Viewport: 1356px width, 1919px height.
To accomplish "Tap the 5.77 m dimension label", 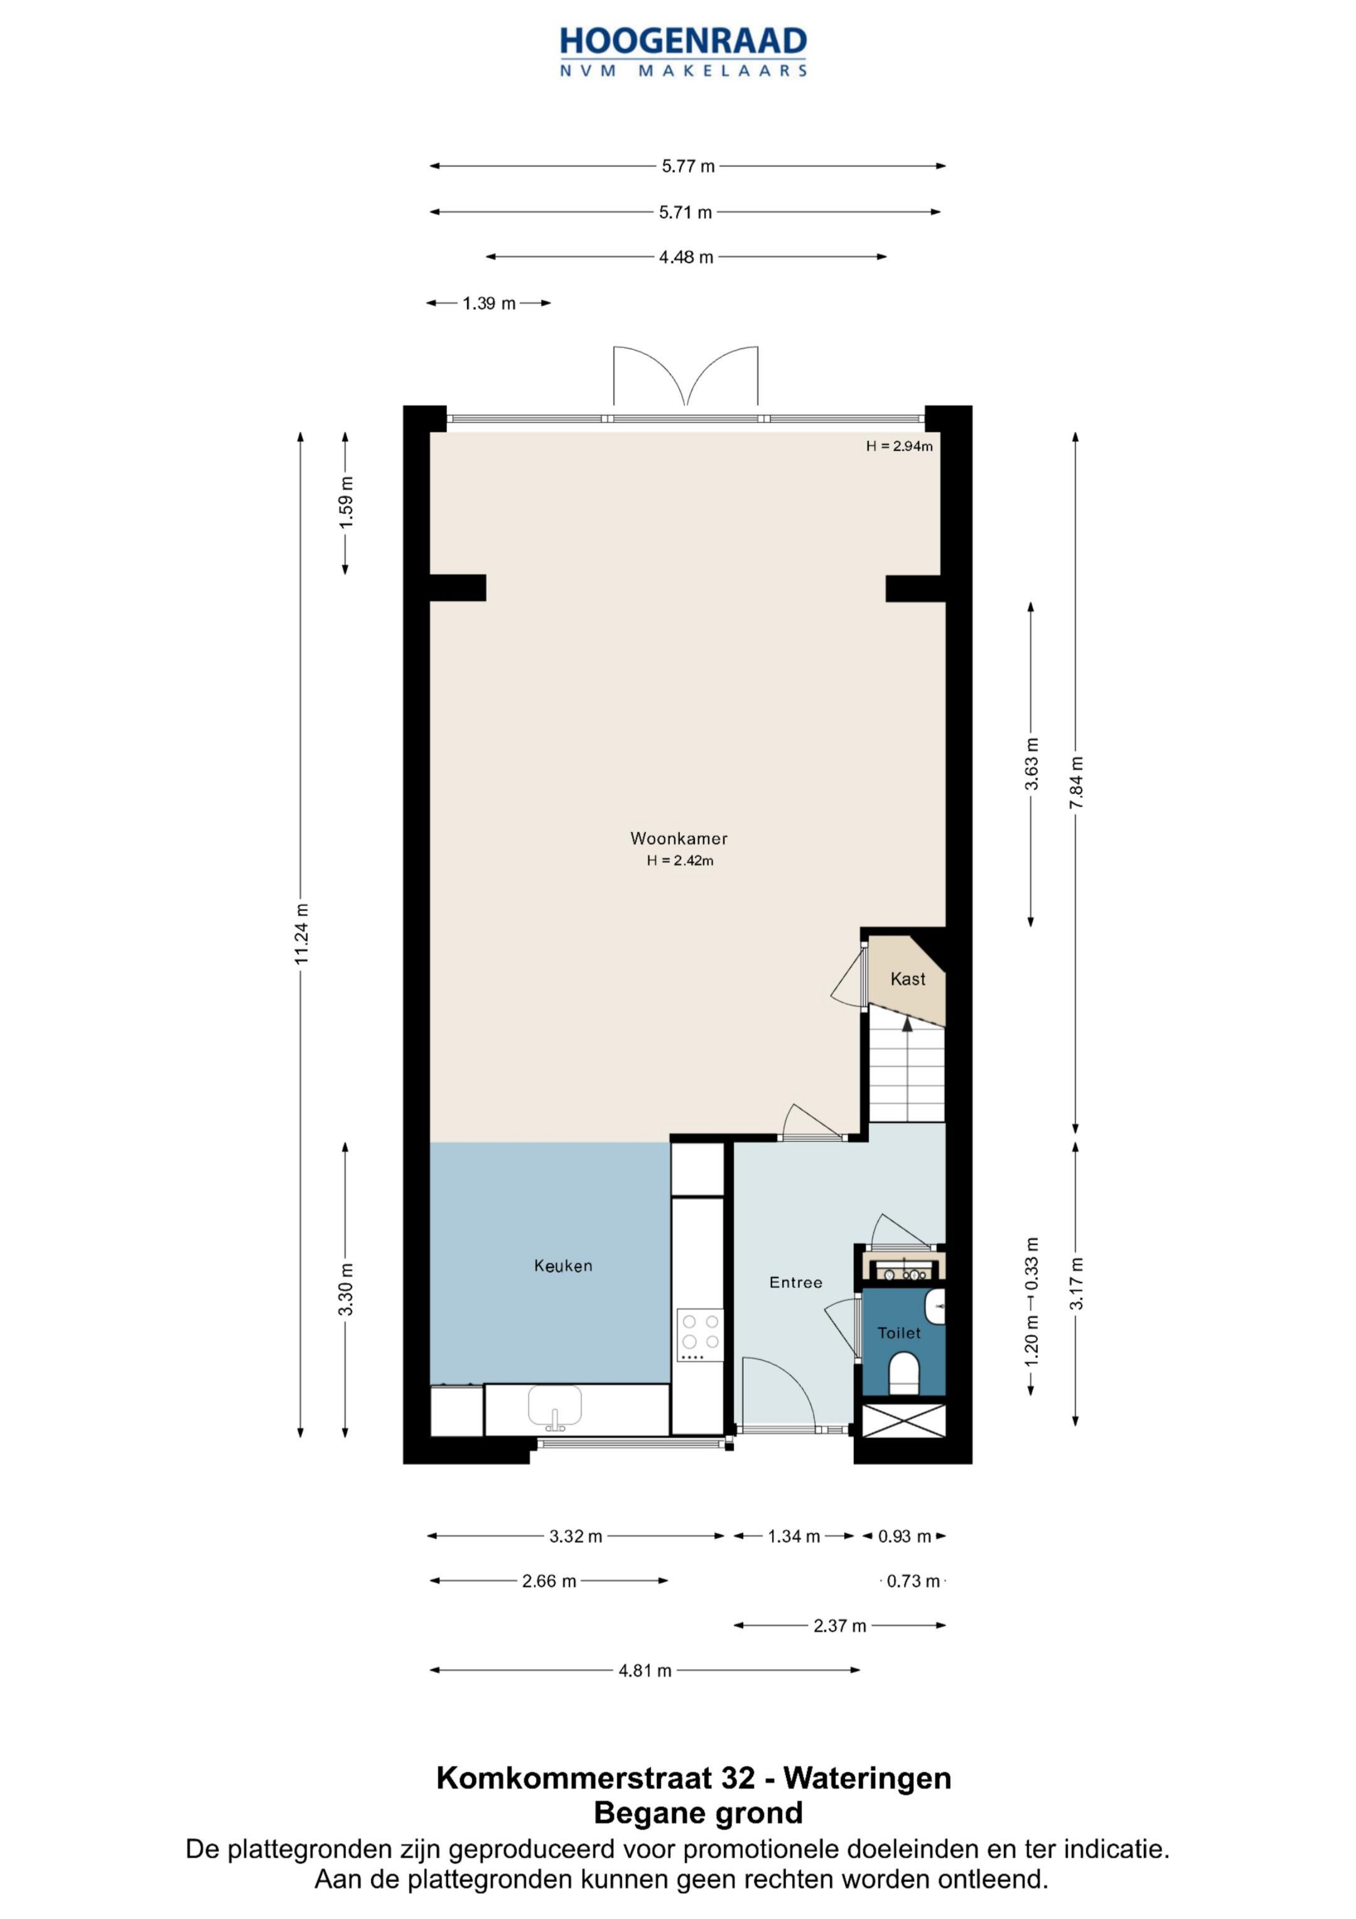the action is coord(689,166).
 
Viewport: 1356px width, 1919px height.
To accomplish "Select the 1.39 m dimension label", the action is coord(489,303).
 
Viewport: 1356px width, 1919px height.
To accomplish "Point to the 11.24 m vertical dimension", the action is coord(301,933).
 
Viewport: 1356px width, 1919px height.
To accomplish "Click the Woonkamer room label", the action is coord(679,839).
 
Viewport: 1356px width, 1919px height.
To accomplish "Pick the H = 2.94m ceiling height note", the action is coord(899,447).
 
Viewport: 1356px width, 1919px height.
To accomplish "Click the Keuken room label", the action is coord(563,1266).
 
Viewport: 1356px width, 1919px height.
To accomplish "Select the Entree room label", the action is coord(795,1282).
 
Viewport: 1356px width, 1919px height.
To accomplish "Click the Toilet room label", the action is coord(899,1333).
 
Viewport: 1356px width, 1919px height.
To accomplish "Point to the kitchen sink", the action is coord(555,1406).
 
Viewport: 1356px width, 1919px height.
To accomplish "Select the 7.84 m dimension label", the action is coord(1076,782).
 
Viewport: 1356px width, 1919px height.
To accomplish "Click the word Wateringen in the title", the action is coord(867,1778).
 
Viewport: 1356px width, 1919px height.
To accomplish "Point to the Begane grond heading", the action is coord(699,1813).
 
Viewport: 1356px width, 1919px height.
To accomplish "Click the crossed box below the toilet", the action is coord(903,1421).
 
